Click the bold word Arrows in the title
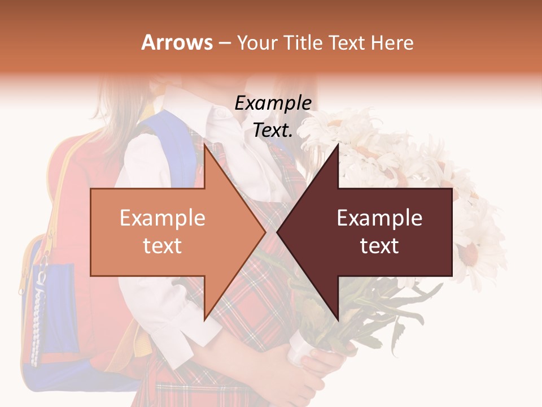pos(177,42)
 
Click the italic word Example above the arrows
pos(273,103)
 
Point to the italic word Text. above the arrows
pos(273,131)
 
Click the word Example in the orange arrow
pos(163,218)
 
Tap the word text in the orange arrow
pos(163,246)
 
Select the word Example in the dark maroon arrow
pos(379,218)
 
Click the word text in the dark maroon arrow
pos(379,246)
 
